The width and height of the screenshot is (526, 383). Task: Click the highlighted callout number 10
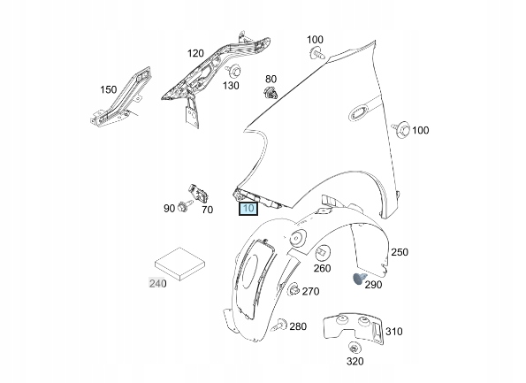click(248, 210)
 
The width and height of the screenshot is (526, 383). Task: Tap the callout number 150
click(108, 89)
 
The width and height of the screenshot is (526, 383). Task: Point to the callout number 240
click(157, 283)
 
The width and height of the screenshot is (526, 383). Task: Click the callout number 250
click(400, 253)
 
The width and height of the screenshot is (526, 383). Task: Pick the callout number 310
click(394, 332)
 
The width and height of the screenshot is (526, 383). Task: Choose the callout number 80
click(271, 79)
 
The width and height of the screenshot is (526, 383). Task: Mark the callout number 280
click(298, 326)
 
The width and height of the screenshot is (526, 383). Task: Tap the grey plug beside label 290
click(358, 280)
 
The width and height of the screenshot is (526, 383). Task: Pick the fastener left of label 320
click(353, 348)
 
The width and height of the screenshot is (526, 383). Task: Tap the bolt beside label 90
click(183, 207)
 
